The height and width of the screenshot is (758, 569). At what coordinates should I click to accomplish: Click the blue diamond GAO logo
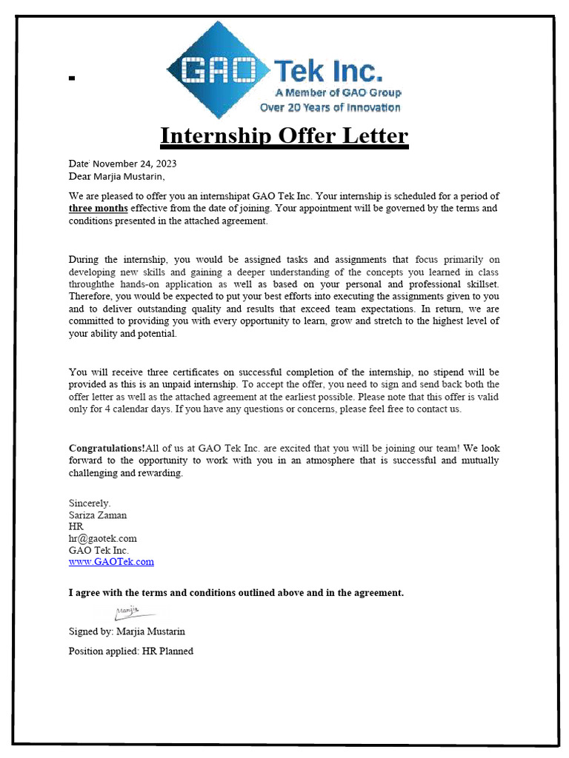217,70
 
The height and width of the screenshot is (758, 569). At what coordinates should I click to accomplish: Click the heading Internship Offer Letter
284,136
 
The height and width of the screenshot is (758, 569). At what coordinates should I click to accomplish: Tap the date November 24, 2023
134,164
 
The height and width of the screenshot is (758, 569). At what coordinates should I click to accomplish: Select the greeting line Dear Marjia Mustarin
117,176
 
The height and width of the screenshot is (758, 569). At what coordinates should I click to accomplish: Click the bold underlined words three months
98,209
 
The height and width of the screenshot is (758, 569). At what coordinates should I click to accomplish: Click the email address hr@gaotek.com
102,538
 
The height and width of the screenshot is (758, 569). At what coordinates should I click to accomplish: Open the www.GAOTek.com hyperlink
111,562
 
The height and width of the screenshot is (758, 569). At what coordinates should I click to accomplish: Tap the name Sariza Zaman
98,515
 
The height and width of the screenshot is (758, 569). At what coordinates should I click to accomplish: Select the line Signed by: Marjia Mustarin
127,631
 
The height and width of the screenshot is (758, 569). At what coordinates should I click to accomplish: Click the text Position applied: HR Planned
130,651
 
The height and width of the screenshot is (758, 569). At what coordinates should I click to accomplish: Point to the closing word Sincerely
90,503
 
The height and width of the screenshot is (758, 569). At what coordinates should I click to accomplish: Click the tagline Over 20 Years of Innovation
330,107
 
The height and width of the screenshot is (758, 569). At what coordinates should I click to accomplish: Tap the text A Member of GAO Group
338,93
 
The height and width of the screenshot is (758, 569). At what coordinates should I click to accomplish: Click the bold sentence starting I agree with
236,593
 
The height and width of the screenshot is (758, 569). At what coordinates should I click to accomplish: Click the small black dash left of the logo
72,78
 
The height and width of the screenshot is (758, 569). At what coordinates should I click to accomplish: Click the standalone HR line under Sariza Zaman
76,526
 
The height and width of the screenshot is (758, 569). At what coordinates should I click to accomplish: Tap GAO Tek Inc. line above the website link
99,550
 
